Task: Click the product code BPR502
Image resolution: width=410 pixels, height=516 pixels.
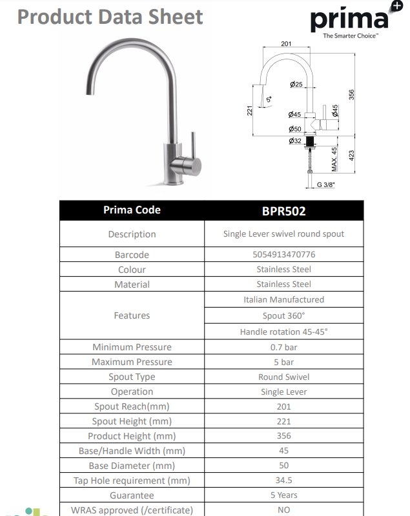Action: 283,210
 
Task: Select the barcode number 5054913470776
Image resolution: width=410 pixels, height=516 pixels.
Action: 283,255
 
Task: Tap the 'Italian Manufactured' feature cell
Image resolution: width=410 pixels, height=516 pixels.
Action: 283,299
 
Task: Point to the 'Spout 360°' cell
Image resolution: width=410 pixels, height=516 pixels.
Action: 283,315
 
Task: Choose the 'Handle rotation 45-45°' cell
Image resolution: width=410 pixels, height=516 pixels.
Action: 283,332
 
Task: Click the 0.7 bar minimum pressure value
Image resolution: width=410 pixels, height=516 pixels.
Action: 283,347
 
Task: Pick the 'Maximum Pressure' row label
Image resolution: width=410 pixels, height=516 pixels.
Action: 132,362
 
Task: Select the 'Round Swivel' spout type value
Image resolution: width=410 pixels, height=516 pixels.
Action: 283,377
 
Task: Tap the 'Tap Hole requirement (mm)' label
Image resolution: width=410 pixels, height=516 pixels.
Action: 132,481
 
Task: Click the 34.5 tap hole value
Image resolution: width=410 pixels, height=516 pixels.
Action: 283,481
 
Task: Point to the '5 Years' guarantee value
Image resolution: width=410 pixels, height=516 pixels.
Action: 283,495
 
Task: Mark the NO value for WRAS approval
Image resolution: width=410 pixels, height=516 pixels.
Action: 283,510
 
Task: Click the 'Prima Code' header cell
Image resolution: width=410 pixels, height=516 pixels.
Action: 132,210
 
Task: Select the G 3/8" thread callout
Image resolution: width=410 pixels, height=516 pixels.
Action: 326,184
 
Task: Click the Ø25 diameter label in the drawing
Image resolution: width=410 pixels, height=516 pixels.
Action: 296,84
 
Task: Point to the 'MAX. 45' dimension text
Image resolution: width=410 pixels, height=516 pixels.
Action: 334,159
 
